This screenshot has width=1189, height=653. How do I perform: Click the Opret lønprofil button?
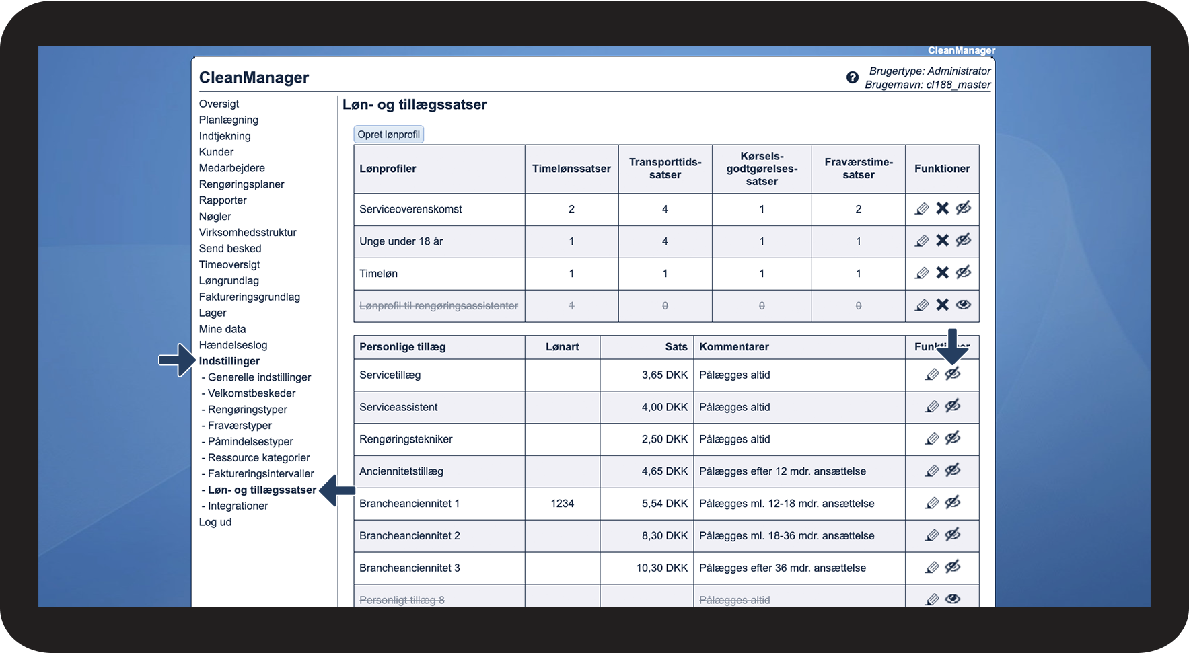pyautogui.click(x=388, y=135)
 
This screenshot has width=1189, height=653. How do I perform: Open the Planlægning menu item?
pyautogui.click(x=228, y=120)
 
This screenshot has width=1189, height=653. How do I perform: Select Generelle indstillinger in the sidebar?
pyautogui.click(x=259, y=377)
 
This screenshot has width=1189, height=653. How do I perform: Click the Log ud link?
pyautogui.click(x=215, y=522)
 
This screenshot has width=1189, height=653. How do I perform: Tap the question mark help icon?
pyautogui.click(x=852, y=77)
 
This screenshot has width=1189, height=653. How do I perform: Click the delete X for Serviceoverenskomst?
pyautogui.click(x=942, y=208)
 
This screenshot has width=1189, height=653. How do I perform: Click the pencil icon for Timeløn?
pyautogui.click(x=922, y=273)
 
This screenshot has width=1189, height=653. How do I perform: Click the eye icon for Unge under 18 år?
pyautogui.click(x=964, y=241)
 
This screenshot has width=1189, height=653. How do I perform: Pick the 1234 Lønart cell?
pyautogui.click(x=562, y=504)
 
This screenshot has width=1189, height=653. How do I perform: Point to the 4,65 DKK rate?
pyautogui.click(x=664, y=471)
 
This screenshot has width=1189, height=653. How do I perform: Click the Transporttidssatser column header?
pyautogui.click(x=665, y=169)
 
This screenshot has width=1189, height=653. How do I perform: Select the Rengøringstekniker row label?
pyautogui.click(x=406, y=439)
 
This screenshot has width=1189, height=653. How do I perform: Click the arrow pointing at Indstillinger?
pyautogui.click(x=176, y=360)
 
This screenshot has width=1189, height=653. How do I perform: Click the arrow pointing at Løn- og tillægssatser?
pyautogui.click(x=337, y=490)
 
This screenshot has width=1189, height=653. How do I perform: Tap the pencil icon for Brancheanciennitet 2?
pyautogui.click(x=932, y=535)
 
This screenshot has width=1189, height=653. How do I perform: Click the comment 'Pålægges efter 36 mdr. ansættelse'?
pyautogui.click(x=782, y=568)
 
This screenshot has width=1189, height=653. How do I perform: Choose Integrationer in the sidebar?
pyautogui.click(x=238, y=506)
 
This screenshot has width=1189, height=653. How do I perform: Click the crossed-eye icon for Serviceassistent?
pyautogui.click(x=953, y=406)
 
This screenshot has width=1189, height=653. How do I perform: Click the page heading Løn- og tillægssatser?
pyautogui.click(x=415, y=104)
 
